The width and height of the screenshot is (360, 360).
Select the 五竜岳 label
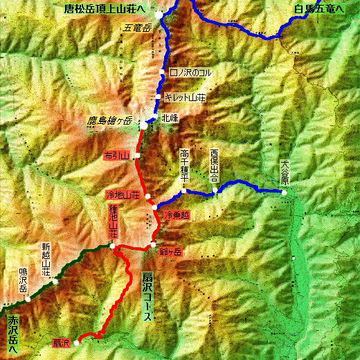click(138, 28)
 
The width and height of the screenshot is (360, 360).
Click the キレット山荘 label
click(185, 99)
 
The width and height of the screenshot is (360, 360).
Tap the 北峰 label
click(170, 118)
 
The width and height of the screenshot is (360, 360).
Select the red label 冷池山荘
click(122, 195)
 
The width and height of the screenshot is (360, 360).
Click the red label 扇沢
click(61, 343)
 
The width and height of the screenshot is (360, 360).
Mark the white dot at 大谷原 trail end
click(284, 192)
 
